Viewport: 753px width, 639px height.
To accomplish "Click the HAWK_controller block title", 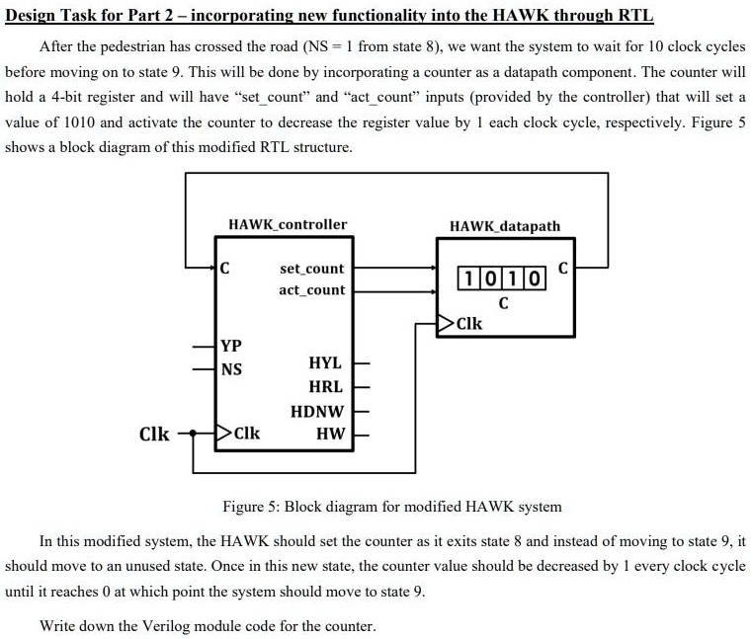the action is click(x=288, y=224).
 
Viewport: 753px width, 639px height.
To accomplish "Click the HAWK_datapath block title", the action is click(x=505, y=226).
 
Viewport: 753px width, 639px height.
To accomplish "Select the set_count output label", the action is click(x=311, y=269).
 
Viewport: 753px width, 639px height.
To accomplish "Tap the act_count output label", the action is click(x=311, y=290).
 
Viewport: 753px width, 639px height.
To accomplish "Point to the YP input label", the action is click(x=231, y=346).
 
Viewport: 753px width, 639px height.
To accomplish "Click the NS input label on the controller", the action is click(x=231, y=369).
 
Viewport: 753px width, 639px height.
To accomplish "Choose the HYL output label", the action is click(x=325, y=362).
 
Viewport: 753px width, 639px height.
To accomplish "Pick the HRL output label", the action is click(x=325, y=386).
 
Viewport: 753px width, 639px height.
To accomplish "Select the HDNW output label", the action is click(x=317, y=412).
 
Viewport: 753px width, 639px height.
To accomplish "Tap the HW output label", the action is click(x=330, y=434).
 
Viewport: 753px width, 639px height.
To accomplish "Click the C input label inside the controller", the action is click(x=224, y=269).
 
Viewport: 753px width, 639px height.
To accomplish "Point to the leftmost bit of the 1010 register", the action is click(x=468, y=279).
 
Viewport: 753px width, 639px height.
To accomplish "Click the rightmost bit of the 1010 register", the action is click(x=535, y=279).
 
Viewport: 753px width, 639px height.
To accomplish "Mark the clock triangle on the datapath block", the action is click(x=445, y=323).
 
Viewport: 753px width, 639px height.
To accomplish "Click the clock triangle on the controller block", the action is click(x=223, y=433).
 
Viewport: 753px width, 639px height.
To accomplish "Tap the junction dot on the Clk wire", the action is click(x=193, y=433).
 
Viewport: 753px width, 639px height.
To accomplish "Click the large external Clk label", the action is click(x=154, y=434).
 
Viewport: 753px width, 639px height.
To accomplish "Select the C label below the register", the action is click(x=503, y=303).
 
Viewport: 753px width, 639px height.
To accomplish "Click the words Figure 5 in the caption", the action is click(x=249, y=507).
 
